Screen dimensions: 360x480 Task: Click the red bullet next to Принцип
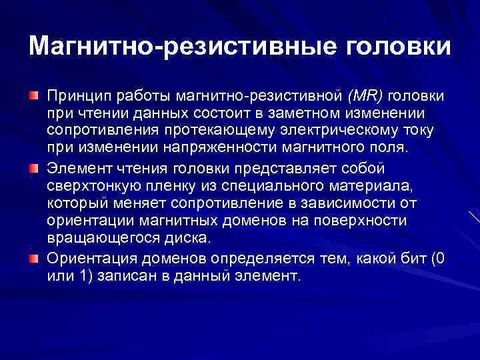33,97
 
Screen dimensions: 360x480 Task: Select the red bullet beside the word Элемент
33,167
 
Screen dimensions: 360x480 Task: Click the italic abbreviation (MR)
363,97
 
